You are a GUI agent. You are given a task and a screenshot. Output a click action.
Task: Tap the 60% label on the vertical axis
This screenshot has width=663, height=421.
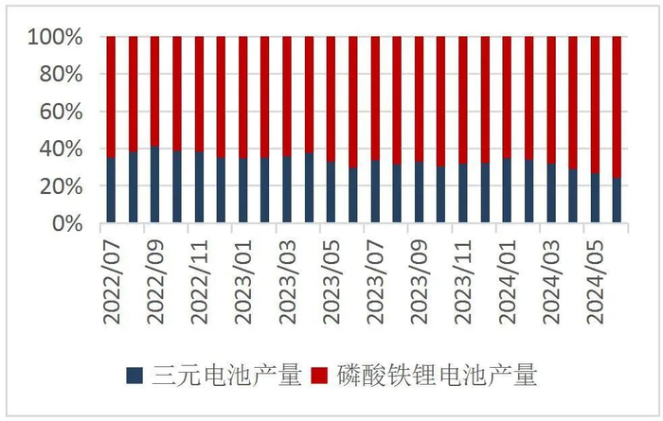pyautogui.click(x=63, y=112)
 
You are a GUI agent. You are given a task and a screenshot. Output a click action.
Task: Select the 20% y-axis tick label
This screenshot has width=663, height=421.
pyautogui.click(x=63, y=186)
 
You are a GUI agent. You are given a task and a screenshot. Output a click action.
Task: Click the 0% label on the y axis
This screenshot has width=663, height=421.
pyautogui.click(x=69, y=224)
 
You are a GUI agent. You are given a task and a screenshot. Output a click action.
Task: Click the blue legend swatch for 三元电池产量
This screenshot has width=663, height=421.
pyautogui.click(x=134, y=377)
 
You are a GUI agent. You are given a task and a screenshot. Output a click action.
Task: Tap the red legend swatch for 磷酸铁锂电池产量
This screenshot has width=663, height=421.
pyautogui.click(x=321, y=377)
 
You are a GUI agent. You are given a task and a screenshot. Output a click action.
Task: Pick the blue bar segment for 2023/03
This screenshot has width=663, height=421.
pyautogui.click(x=287, y=190)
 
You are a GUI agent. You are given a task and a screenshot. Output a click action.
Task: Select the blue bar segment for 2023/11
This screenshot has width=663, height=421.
pyautogui.click(x=464, y=194)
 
